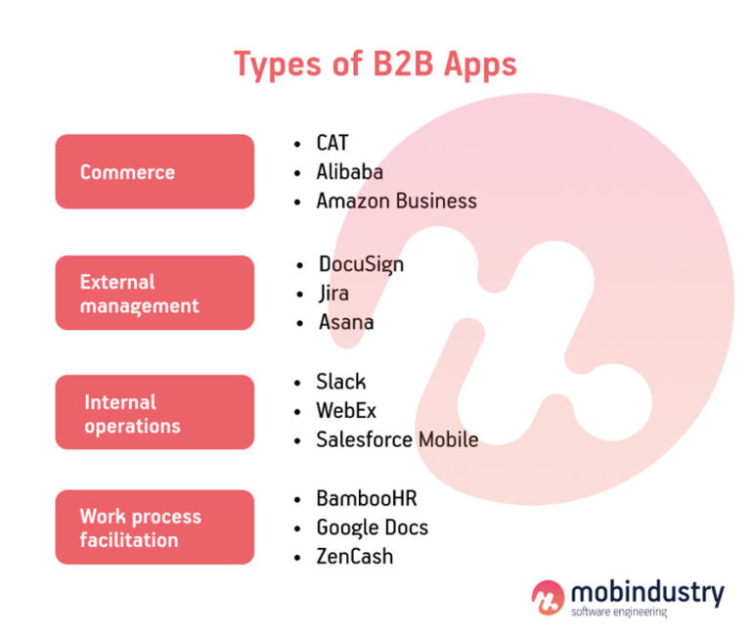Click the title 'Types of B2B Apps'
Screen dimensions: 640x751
pos(375,64)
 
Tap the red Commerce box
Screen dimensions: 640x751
pos(155,172)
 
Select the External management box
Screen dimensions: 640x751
pos(155,294)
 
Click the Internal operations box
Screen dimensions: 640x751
pos(155,413)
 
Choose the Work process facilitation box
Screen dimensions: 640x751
pos(155,528)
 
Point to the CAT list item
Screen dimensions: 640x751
pos(332,143)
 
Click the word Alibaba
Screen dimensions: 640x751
pos(349,172)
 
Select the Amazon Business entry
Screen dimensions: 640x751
pos(396,201)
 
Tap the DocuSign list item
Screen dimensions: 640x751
pos(361,264)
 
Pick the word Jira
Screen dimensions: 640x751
pos(333,293)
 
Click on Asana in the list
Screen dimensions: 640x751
pos(344,322)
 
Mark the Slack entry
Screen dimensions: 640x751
pos(340,382)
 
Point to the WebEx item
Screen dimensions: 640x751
pos(346,411)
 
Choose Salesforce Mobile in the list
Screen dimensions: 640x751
pos(397,439)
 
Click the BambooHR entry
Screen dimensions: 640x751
pos(366,498)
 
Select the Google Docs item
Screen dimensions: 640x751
pos(372,527)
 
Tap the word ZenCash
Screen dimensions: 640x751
pos(354,556)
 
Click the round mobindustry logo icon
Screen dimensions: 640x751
pos(548,597)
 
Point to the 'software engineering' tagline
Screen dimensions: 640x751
pos(618,612)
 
